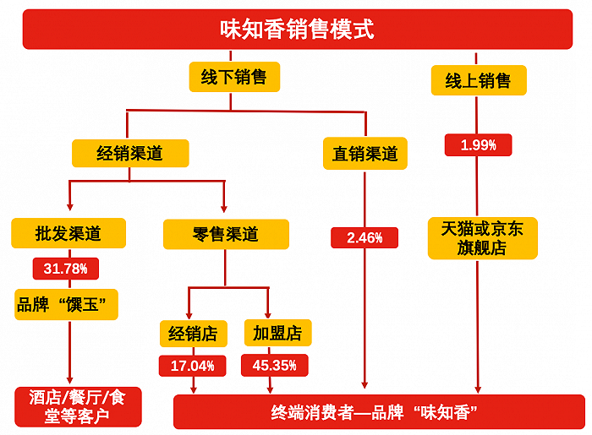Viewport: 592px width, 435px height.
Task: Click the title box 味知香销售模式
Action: coord(297,30)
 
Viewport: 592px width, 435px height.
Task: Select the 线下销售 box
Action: coord(233,78)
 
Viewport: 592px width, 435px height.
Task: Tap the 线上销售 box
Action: coord(478,81)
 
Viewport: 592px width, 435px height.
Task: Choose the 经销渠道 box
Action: coord(130,153)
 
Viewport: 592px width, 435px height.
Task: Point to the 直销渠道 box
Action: coord(365,154)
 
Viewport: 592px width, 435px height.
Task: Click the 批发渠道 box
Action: coord(69,233)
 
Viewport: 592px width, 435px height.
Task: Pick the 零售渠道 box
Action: coord(226,234)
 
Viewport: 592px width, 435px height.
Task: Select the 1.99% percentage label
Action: coord(478,145)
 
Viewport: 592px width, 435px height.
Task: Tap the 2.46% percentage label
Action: coord(365,238)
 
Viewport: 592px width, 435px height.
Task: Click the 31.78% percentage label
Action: coord(66,269)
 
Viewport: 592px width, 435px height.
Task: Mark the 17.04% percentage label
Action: coord(193,367)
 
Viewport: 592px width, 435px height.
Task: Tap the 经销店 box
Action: coord(194,334)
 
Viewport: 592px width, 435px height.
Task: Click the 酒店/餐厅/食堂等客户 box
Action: coord(77,406)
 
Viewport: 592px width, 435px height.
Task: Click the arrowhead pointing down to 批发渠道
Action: coord(70,209)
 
